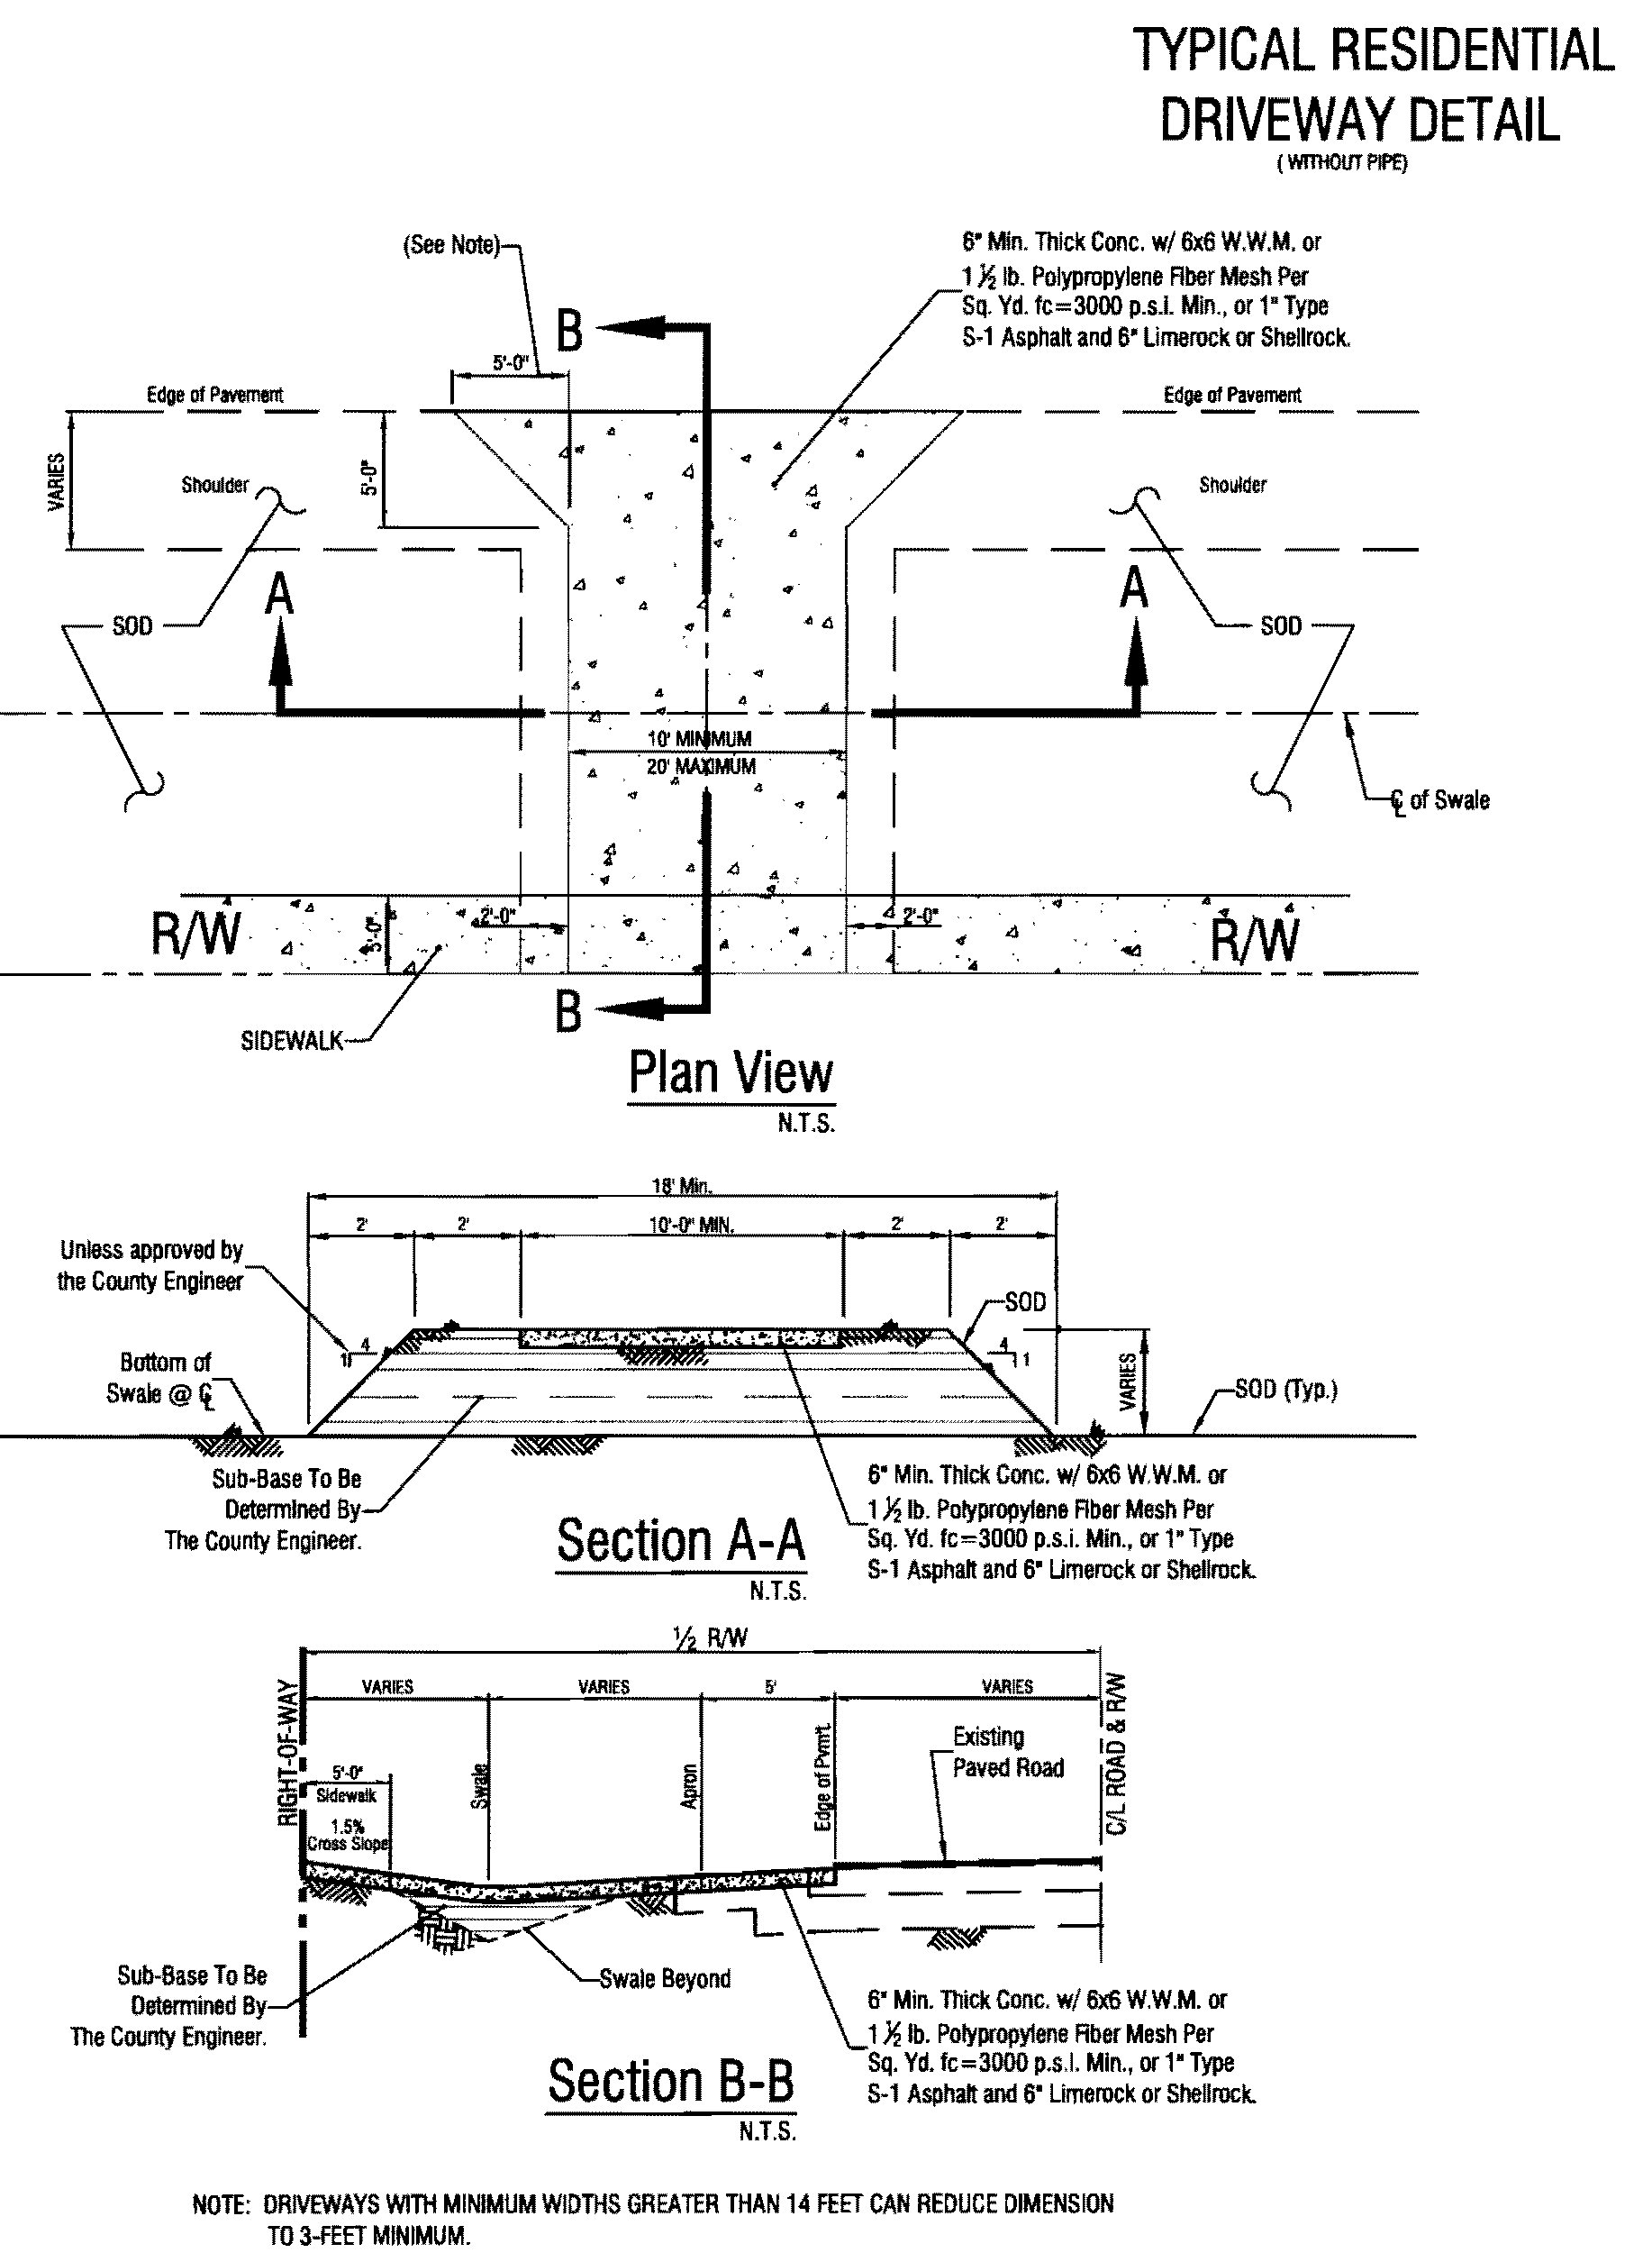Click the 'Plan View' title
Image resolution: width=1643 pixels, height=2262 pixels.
pos(731,1073)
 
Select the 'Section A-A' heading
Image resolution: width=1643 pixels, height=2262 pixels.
pos(680,1540)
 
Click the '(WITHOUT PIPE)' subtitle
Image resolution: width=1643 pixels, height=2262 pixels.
pos(1342,163)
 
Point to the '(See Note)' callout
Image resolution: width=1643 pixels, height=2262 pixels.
pos(450,244)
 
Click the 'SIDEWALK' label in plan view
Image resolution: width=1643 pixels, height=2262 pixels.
pos(291,1041)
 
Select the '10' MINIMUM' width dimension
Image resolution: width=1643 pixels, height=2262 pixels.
pos(700,739)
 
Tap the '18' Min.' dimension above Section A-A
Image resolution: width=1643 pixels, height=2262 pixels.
pos(682,1186)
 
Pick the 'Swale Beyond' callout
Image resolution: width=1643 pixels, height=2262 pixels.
pos(664,1979)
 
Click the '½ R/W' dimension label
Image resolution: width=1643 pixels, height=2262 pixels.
pos(710,1637)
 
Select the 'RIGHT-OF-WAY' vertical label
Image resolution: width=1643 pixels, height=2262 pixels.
pos(286,1754)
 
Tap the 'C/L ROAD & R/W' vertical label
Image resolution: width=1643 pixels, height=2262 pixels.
pos(1117,1755)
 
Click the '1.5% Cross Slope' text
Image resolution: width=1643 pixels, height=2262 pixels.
pos(347,1835)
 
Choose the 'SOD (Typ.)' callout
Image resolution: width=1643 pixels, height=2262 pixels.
pos(1285,1390)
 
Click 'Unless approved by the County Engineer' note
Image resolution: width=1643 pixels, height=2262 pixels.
pos(150,1265)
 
